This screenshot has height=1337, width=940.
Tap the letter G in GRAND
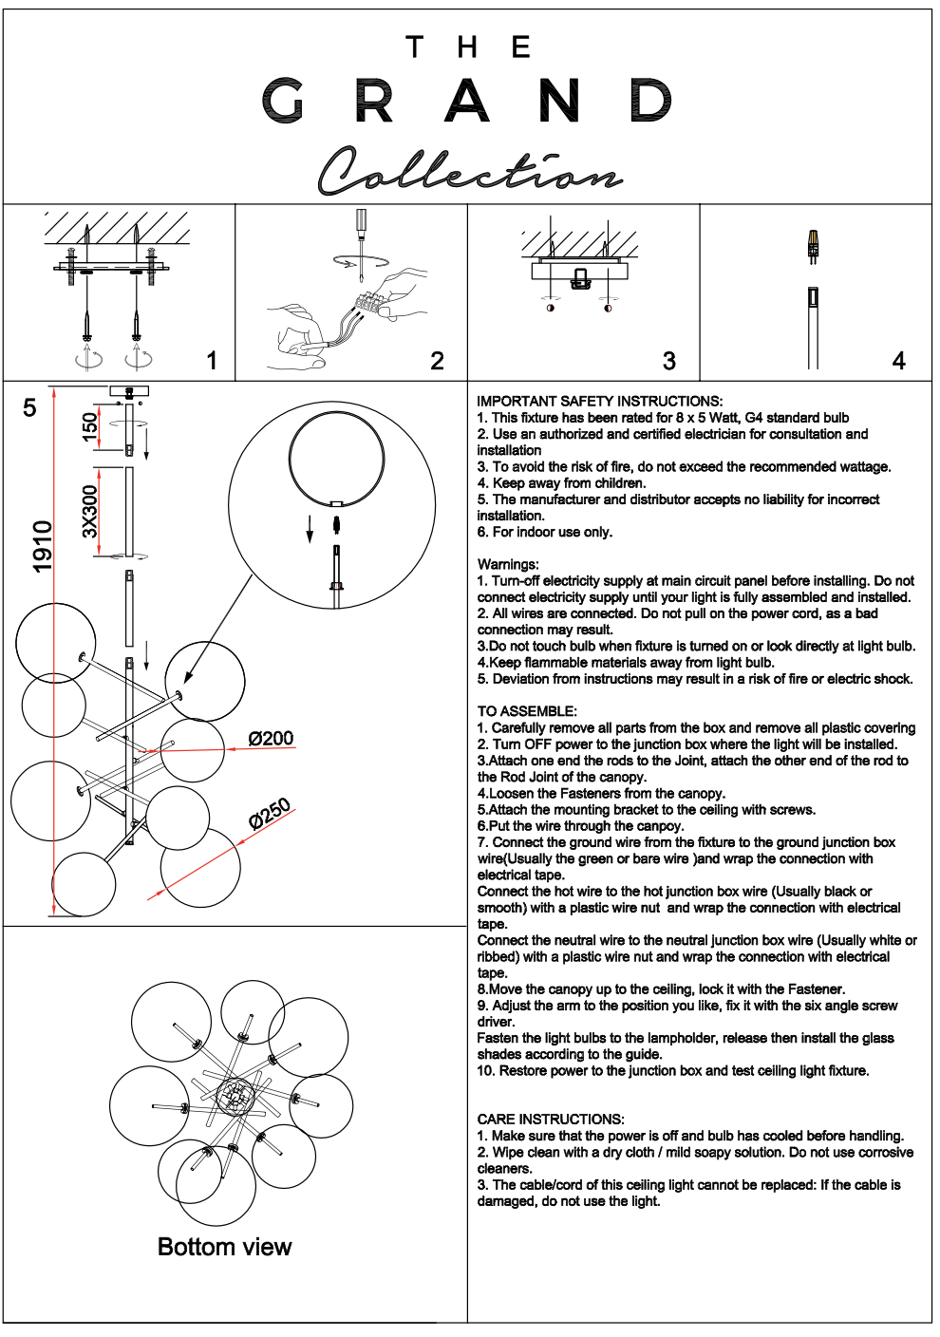coord(283,101)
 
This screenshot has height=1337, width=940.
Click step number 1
coord(212,361)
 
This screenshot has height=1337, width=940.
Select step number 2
coord(437,361)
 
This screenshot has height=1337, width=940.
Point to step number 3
coord(669,361)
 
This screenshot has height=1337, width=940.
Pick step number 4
coord(898,361)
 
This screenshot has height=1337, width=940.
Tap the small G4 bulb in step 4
coord(813,245)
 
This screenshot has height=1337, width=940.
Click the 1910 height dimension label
coord(43,547)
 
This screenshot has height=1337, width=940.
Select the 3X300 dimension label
coord(90,511)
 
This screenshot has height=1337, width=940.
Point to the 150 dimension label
coord(90,426)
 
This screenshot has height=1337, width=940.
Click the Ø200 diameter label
coord(271,738)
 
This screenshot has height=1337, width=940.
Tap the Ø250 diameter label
coord(270,814)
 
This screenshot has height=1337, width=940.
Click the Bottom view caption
coord(224,1247)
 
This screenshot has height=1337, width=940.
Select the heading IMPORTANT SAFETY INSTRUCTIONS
coord(599,401)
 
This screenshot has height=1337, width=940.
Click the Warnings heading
coord(508,564)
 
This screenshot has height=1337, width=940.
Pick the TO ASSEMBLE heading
coord(527,711)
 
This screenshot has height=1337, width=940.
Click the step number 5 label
coord(29,407)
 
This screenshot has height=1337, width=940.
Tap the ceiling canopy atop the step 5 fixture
coord(129,390)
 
